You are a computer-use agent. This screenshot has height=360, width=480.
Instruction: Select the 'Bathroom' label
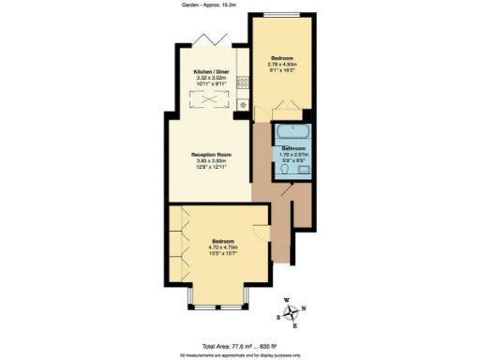tap(297, 147)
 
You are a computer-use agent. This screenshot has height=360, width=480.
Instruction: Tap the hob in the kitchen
tap(241, 82)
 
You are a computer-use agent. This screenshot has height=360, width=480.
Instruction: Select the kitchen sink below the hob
tap(241, 103)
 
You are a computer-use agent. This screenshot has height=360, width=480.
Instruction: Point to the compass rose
tap(294, 312)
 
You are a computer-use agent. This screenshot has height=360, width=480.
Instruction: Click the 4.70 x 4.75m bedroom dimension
tap(223, 247)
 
